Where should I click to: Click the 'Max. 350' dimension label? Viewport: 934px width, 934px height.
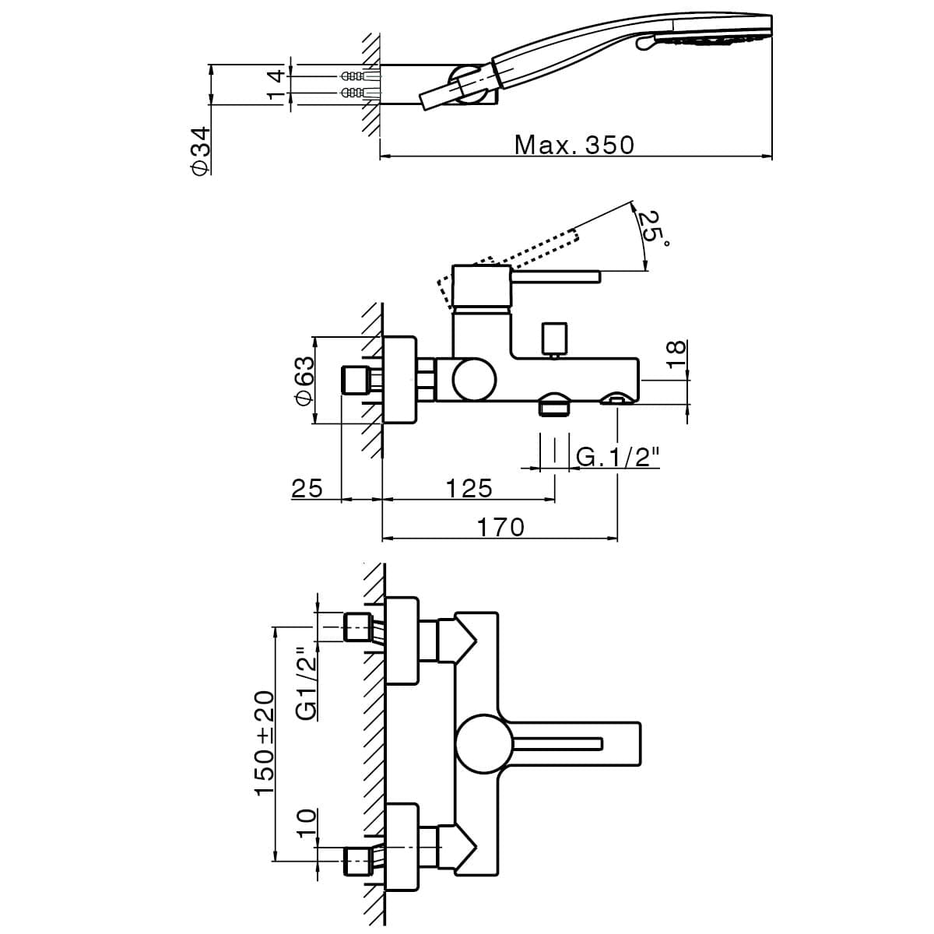click(x=574, y=145)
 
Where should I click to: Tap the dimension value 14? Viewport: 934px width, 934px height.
click(x=274, y=84)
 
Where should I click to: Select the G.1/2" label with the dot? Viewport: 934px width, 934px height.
click(x=617, y=457)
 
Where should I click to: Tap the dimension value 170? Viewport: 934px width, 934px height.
click(x=500, y=527)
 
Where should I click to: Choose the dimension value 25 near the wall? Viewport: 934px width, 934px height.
click(x=307, y=488)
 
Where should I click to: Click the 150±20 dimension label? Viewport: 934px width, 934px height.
click(x=265, y=742)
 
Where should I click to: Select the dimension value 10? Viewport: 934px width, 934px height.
click(x=307, y=822)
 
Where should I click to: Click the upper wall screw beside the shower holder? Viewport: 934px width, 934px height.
click(x=354, y=76)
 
